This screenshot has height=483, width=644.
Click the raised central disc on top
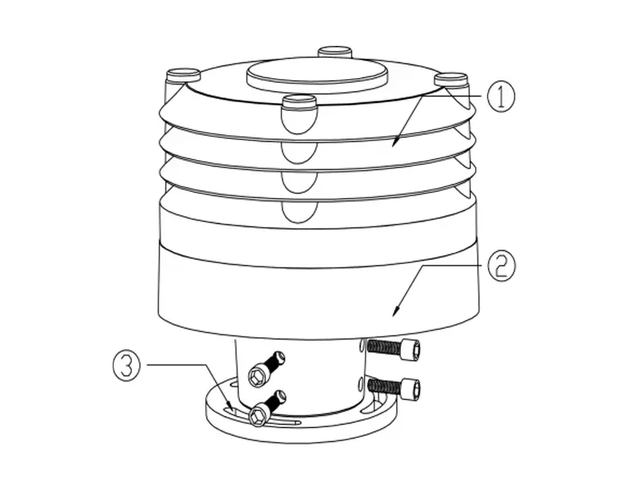pos(317,72)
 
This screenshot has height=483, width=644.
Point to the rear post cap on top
pos(335,52)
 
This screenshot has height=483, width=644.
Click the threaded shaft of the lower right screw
pos(383,385)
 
